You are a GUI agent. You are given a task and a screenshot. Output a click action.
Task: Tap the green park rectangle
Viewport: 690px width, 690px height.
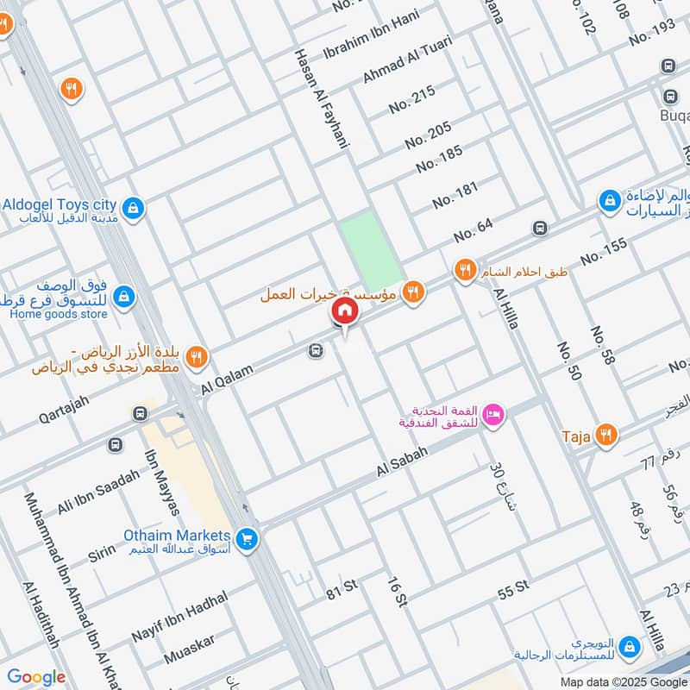(371, 251)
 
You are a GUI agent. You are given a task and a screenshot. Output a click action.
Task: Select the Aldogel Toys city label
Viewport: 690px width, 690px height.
(59, 205)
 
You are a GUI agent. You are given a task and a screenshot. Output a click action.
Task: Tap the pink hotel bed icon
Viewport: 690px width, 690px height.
(493, 415)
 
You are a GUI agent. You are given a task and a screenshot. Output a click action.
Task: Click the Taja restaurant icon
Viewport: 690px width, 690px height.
(607, 436)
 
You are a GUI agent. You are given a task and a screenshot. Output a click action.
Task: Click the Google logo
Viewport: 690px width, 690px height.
(35, 677)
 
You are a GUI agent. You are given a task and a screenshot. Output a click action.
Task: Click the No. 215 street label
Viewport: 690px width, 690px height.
(411, 101)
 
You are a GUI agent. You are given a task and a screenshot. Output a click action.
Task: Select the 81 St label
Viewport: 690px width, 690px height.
(342, 588)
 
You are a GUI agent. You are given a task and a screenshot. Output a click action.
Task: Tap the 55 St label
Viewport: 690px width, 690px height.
(512, 591)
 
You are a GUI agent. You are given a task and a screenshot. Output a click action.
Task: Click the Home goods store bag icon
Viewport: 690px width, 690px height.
(124, 297)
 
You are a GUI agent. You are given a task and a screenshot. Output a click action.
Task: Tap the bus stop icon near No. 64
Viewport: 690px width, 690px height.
(540, 228)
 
